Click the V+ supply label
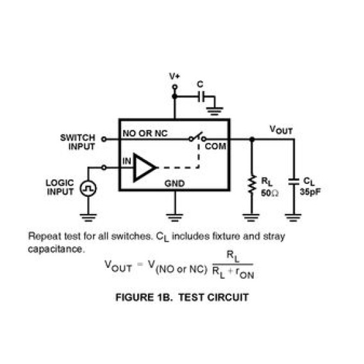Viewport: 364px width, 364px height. coord(174,76)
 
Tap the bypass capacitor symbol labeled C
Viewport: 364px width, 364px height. coord(201,96)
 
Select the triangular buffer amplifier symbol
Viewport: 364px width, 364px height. coord(145,167)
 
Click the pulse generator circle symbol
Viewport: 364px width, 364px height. coord(88,188)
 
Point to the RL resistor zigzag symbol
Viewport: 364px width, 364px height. coord(252,185)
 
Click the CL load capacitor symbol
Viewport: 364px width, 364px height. coord(294,181)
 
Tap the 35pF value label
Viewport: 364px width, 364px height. coord(310,192)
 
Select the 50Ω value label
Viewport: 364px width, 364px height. coord(270,193)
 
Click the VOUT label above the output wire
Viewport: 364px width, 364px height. coord(281,130)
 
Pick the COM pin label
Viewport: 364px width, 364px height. coord(215,147)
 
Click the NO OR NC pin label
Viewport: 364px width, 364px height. coord(145,133)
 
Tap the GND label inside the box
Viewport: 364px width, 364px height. coord(174,184)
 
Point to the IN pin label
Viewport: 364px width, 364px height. coord(127,161)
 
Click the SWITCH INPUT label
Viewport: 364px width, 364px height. coord(78,142)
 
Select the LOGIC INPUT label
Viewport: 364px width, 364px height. coord(60,187)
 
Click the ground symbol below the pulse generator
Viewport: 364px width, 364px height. coord(88,217)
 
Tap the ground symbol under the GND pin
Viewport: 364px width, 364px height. coord(174,217)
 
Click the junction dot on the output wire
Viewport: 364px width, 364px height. coord(252,139)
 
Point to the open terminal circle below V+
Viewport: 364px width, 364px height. coord(175,87)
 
